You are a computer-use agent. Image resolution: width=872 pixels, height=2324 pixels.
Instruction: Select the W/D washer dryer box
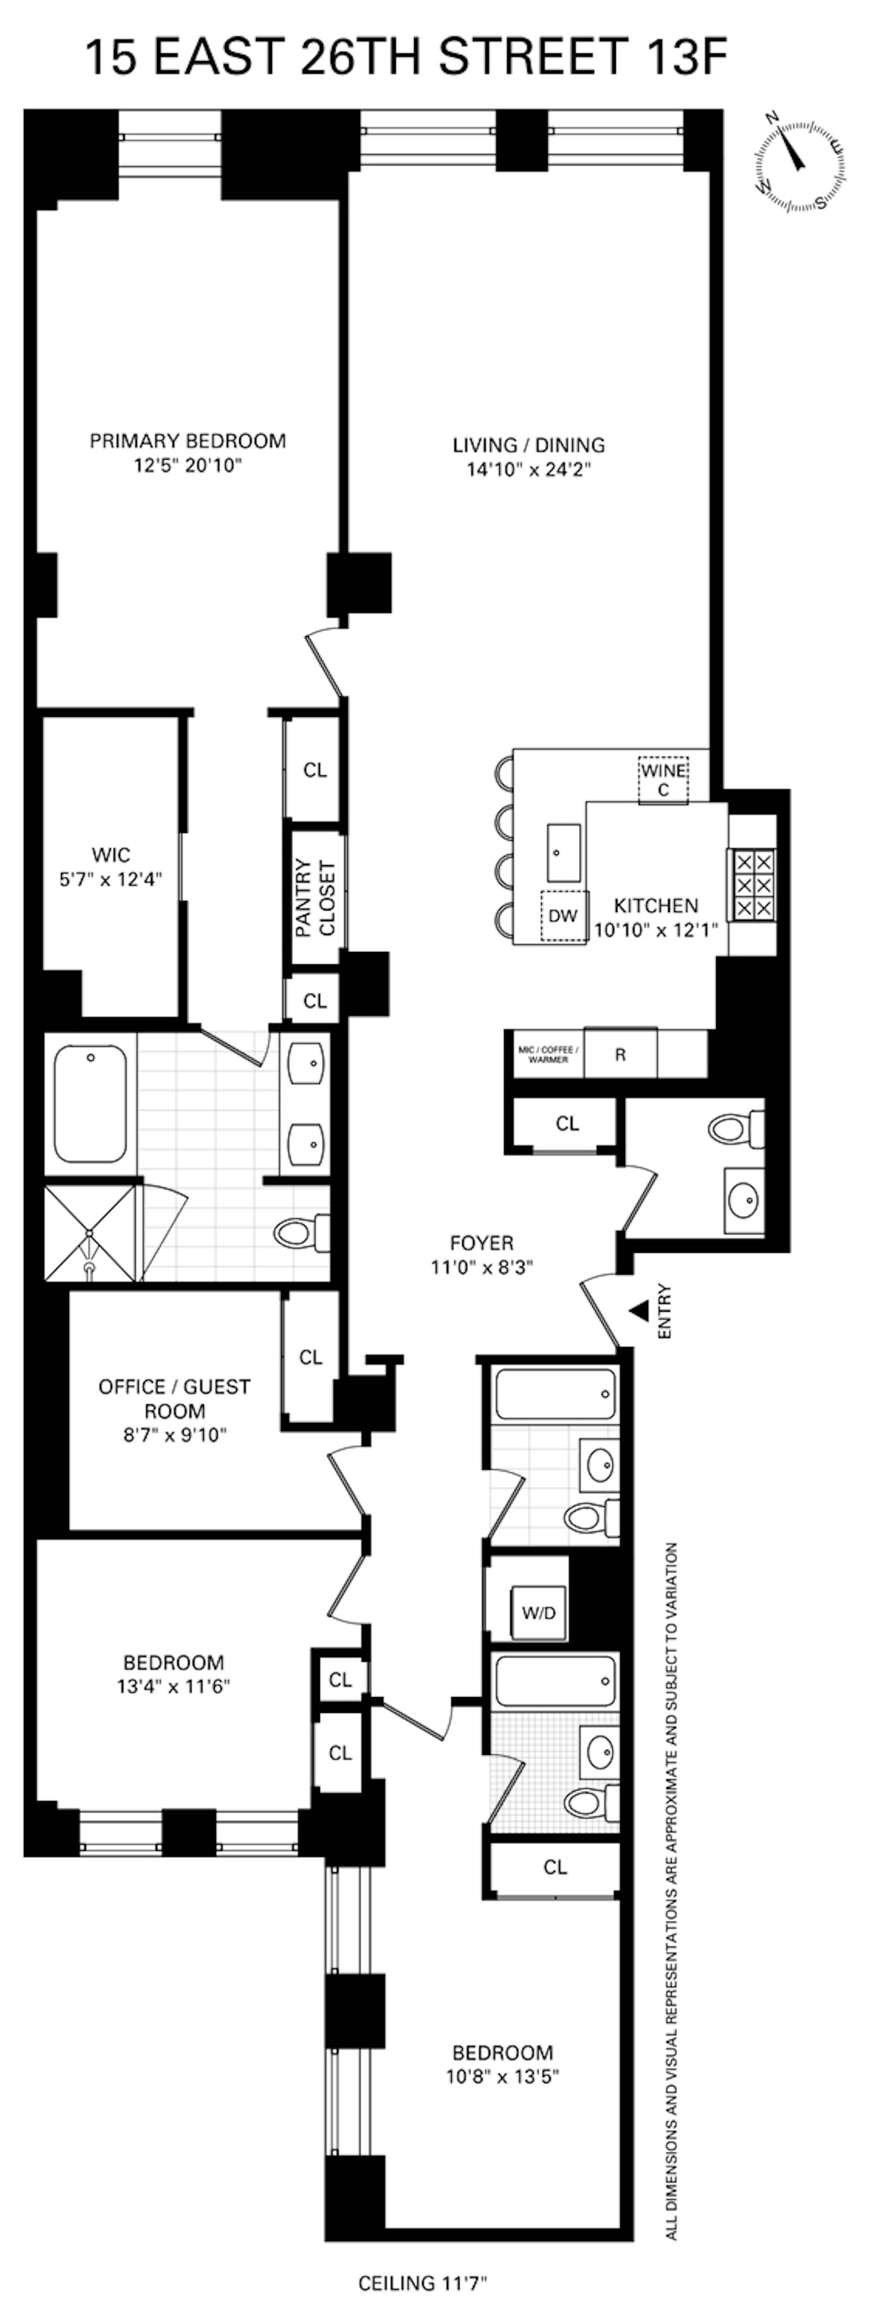click(x=539, y=1612)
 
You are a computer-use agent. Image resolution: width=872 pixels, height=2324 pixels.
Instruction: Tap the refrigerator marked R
click(x=620, y=1054)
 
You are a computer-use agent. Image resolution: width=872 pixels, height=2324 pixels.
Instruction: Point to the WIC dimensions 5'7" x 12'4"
click(x=111, y=880)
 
